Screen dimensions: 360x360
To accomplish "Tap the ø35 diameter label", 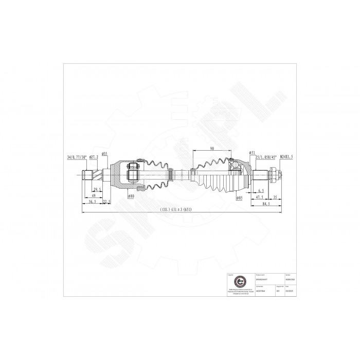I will pos(104,153).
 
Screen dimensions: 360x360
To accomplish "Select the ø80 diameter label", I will pos(131,196).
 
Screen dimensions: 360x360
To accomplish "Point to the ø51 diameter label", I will pos(252,153).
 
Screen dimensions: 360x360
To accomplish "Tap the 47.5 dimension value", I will pos(261,196).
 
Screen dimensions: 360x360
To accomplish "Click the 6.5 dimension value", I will pos(262,190).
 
